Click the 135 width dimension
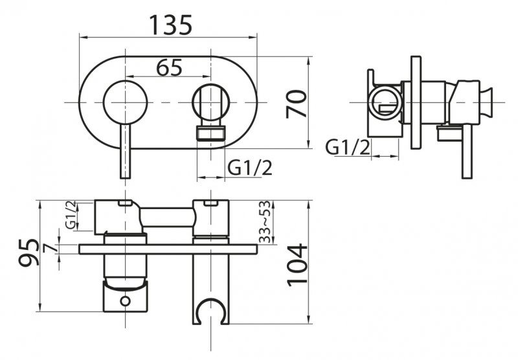point(170,25)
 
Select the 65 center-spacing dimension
point(169,67)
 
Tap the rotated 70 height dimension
point(297,104)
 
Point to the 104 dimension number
point(297,265)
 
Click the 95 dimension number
point(28,253)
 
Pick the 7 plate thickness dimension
point(49,247)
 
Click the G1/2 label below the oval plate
point(250,168)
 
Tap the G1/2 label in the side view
point(348,148)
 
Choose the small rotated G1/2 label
point(71,215)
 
